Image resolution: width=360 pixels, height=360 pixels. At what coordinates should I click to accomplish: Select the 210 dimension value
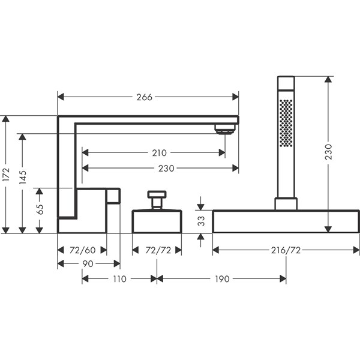(x=160, y=153)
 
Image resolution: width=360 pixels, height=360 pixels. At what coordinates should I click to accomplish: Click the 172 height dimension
(x=6, y=174)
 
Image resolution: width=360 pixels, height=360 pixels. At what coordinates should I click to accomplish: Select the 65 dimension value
(x=40, y=209)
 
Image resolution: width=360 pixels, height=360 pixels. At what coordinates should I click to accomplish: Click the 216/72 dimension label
(x=286, y=249)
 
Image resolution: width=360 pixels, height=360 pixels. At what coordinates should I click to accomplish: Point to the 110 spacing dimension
(x=119, y=279)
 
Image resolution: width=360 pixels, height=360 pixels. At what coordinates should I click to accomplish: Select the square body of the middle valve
(x=156, y=220)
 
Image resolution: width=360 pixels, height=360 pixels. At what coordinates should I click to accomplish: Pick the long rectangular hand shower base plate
(x=286, y=221)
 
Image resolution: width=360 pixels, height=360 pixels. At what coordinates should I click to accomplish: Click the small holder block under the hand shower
(x=286, y=203)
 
